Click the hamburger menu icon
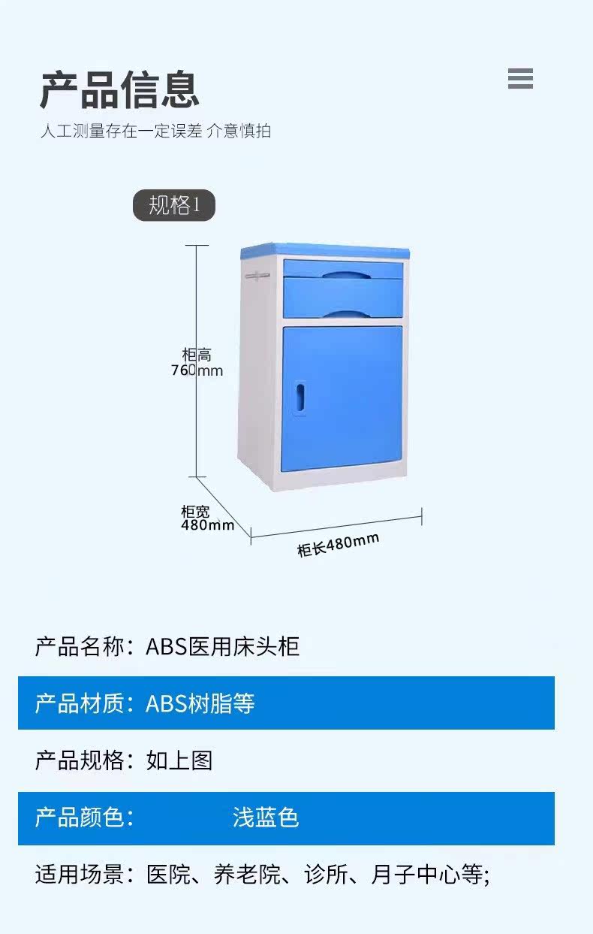point(520,78)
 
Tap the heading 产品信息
point(119,89)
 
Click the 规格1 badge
point(174,205)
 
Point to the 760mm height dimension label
point(197,370)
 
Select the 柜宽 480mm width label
point(207,518)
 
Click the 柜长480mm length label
point(338,545)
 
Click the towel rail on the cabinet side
point(257,276)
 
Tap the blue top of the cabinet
point(325,251)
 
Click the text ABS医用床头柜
point(222,647)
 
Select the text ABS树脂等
point(200,703)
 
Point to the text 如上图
point(179,760)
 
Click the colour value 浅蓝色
point(266,817)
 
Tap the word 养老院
point(248,874)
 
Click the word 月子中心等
point(427,874)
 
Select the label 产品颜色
point(79,817)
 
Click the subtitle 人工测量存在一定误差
point(122,131)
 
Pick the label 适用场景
point(79,874)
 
